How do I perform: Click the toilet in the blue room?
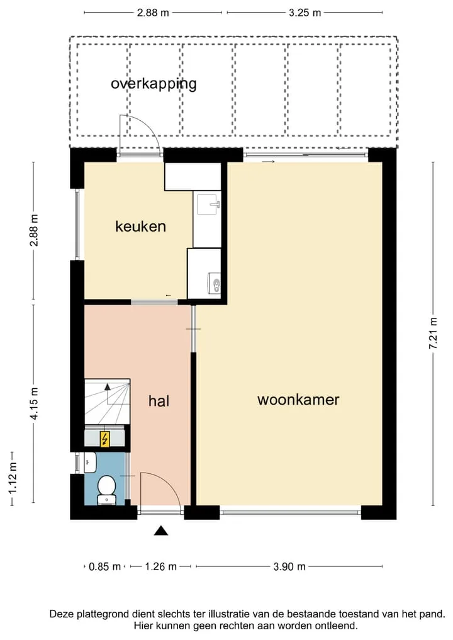click(x=107, y=490)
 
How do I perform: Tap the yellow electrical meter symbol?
click(x=105, y=439)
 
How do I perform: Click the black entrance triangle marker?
click(x=161, y=531)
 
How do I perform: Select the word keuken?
click(x=140, y=226)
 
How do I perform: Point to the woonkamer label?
click(x=298, y=400)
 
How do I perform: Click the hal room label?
click(x=159, y=401)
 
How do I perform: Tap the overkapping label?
click(x=154, y=84)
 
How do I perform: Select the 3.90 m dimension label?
click(x=289, y=566)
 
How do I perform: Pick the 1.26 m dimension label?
click(x=161, y=566)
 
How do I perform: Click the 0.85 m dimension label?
click(x=105, y=566)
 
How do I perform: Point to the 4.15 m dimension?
click(x=34, y=403)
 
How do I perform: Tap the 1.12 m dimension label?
click(x=13, y=478)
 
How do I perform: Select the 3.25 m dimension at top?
click(x=305, y=13)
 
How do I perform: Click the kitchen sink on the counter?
click(x=208, y=204)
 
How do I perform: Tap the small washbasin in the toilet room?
click(x=90, y=463)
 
